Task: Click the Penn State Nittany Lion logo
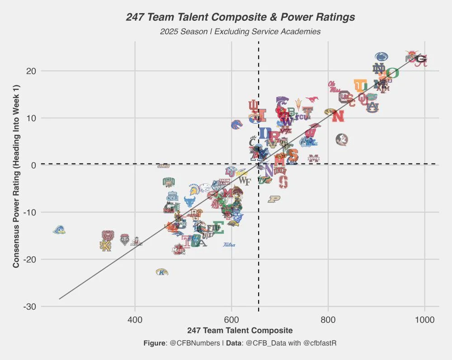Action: [x=382, y=57]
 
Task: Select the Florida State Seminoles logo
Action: [x=342, y=140]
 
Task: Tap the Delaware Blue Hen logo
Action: [x=59, y=230]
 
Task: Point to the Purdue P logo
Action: [x=274, y=199]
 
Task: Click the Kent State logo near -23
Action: [x=162, y=272]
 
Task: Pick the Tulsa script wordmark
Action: [x=229, y=245]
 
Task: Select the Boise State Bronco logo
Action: [x=236, y=124]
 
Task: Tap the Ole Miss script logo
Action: [x=334, y=86]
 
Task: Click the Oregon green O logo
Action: [x=392, y=73]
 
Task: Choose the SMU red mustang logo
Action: [x=312, y=99]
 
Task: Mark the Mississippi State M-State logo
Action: [x=314, y=158]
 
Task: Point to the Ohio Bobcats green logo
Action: [x=169, y=182]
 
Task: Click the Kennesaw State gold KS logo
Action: [x=105, y=246]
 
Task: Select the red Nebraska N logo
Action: [x=337, y=116]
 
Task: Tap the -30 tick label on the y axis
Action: [x=30, y=307]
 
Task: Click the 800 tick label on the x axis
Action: [x=328, y=320]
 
